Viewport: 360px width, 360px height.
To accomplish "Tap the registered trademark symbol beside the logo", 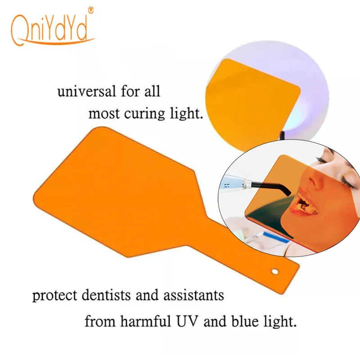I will (x=90, y=9).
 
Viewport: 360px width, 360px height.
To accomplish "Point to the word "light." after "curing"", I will (x=187, y=113).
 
